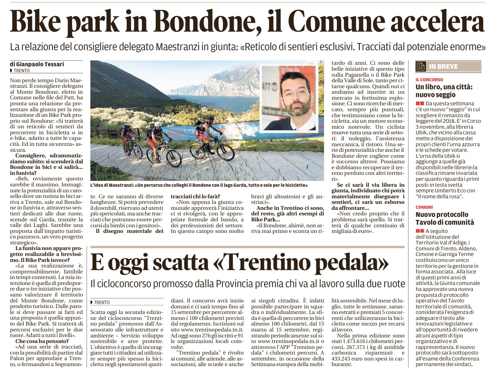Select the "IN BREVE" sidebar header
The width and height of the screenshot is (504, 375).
pyautogui.click(x=443, y=67)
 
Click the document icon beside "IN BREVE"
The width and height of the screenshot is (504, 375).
pyautogui.click(x=421, y=67)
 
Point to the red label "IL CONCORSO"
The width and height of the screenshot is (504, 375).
pyautogui.click(x=429, y=80)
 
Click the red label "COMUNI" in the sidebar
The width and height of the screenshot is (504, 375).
pyautogui.click(x=424, y=207)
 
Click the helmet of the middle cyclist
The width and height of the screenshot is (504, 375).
pyautogui.click(x=158, y=124)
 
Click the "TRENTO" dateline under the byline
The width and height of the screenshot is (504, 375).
pyautogui.click(x=22, y=71)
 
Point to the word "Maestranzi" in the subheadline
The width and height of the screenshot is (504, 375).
pyautogui.click(x=176, y=47)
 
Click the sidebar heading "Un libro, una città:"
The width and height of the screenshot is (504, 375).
pyautogui.click(x=444, y=87)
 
